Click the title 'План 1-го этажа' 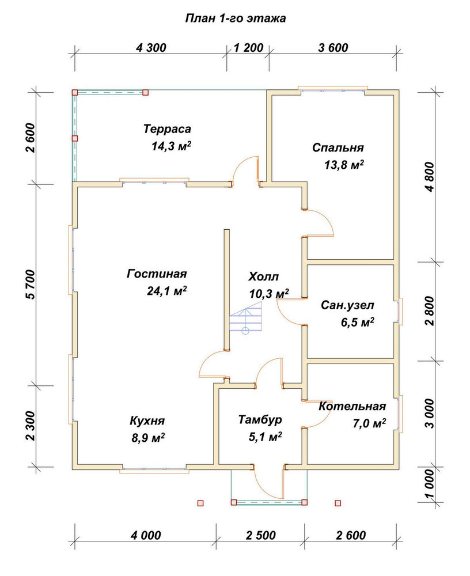(235, 18)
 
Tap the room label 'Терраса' (167, 129)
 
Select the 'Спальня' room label (338, 147)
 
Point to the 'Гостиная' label (157, 274)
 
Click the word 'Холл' (263, 276)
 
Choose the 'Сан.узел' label (348, 305)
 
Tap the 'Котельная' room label (352, 406)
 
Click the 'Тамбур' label (260, 419)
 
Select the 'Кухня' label (147, 420)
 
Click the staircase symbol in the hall (245, 320)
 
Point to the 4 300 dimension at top (151, 48)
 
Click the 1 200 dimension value (248, 48)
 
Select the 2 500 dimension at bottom (261, 535)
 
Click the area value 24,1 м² (167, 291)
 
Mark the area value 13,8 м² (344, 165)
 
